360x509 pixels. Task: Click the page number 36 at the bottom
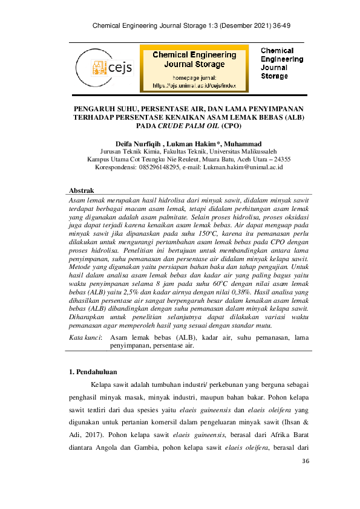pos(304,462)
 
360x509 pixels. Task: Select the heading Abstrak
pos(83,190)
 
